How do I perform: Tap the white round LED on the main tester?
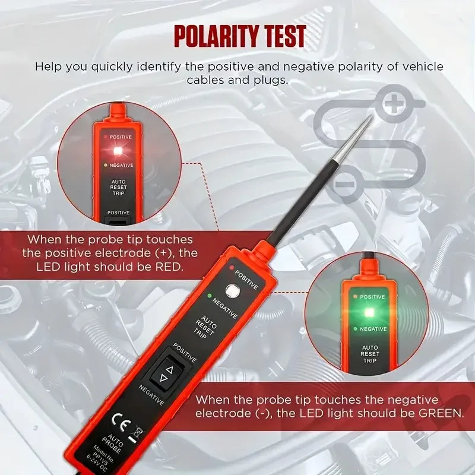(x=232, y=291)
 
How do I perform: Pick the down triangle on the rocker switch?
(x=162, y=378)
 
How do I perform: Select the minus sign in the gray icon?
(x=345, y=183)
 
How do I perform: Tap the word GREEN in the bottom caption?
(x=435, y=413)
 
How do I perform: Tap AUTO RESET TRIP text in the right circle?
(x=369, y=353)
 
